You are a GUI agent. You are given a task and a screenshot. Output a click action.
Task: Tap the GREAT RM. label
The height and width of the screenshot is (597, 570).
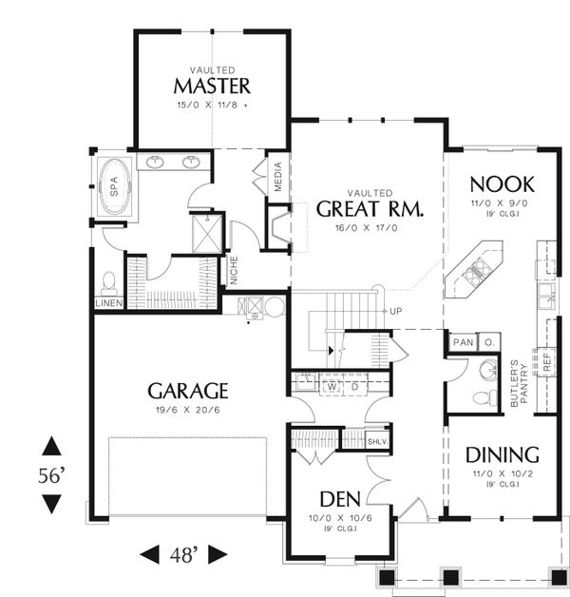pyautogui.click(x=370, y=209)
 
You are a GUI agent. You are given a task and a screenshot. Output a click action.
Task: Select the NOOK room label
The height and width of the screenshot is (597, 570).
pyautogui.click(x=502, y=184)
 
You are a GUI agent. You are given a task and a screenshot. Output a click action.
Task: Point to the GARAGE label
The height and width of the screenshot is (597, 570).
pyautogui.click(x=187, y=390)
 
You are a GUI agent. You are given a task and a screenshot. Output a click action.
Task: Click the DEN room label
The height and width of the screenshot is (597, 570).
pyautogui.click(x=339, y=499)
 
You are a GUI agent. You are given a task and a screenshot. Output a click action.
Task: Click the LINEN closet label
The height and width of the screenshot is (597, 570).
pyautogui.click(x=108, y=303)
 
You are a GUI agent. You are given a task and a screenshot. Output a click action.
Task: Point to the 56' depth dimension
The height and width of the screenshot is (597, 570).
pyautogui.click(x=51, y=475)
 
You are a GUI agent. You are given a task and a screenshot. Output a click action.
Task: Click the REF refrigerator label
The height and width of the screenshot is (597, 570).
pyautogui.click(x=547, y=360)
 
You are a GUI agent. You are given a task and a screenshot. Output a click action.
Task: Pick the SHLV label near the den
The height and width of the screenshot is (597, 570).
pyautogui.click(x=377, y=440)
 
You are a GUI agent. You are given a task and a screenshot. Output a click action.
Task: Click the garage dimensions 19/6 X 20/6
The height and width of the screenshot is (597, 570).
pyautogui.click(x=187, y=411)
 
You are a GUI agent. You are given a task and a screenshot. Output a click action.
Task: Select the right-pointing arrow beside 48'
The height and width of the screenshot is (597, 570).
pyautogui.click(x=218, y=553)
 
